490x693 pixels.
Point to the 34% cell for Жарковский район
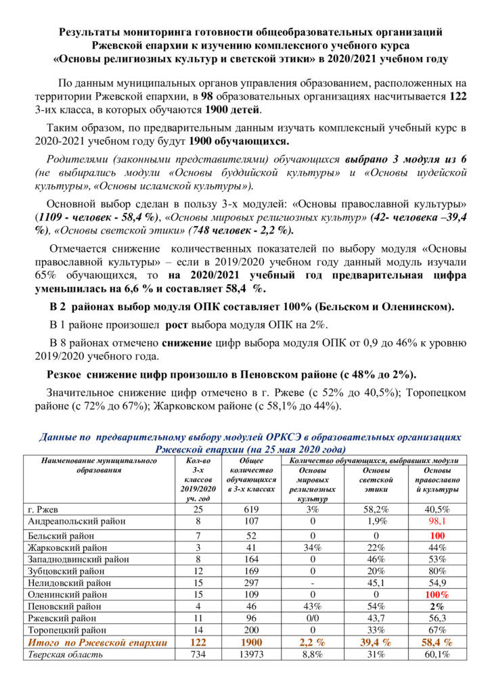pos(313,547)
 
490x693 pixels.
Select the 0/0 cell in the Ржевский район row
pos(313,619)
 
